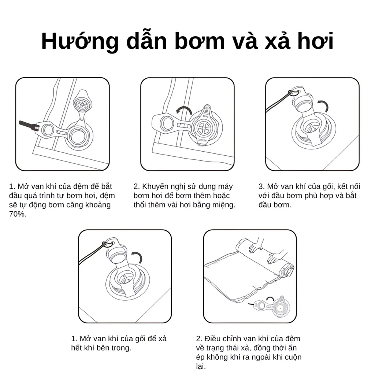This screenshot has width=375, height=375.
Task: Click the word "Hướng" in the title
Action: pos(80,41)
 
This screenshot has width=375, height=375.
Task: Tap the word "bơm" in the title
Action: pos(200,41)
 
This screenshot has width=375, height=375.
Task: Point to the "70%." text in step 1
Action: pos(18,214)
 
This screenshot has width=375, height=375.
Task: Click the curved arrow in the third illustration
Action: pos(323,105)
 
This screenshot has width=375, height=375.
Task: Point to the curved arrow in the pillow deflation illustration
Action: pos(137,257)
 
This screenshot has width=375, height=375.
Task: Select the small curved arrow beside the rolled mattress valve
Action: pos(270,299)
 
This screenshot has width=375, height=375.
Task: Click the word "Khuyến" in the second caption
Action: pos(157,186)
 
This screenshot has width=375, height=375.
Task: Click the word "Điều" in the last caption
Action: pos(213,339)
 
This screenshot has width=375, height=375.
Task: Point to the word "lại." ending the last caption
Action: pos(201,366)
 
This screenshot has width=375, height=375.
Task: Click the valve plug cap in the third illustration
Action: pos(302,100)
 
